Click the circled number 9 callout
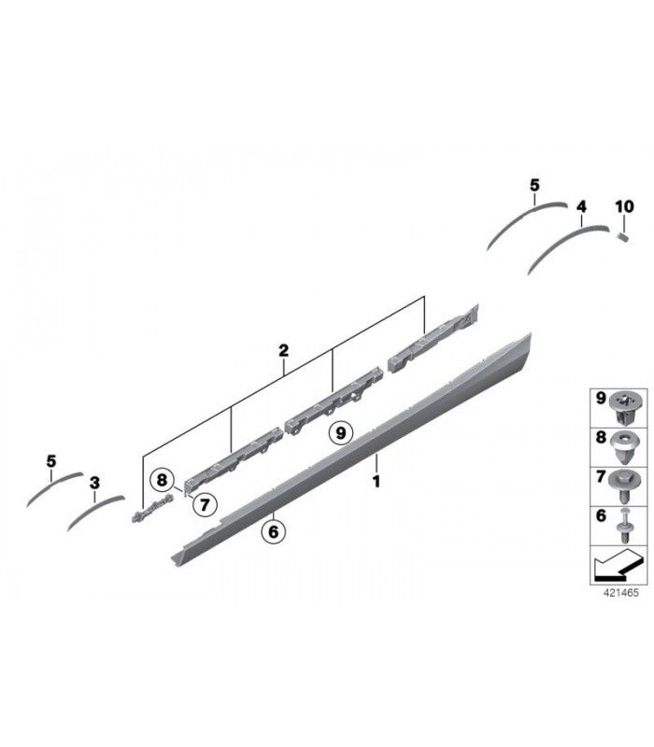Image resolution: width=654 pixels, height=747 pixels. pos(340,433)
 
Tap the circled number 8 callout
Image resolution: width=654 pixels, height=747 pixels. pos(162,480)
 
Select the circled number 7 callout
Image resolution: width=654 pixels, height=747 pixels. pos(205,504)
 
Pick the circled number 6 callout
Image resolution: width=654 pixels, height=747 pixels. pos(273,531)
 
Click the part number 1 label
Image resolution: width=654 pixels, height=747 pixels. pos(377,482)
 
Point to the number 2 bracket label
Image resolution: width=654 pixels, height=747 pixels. pos(284,351)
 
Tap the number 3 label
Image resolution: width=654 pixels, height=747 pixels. pos(95,483)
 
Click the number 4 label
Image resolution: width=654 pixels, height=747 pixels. pos(581,206)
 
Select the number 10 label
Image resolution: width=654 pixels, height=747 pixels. pos(624,206)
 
